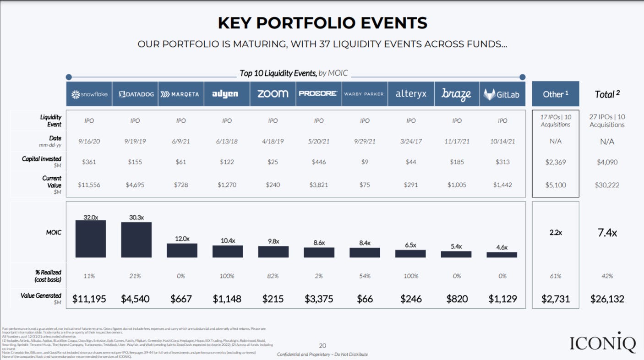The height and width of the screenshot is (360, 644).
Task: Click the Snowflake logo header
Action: [89, 94]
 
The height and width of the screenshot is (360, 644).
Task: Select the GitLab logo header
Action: [502, 94]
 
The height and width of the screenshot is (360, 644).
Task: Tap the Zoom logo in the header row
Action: [273, 94]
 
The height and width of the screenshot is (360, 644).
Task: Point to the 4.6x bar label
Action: [502, 247]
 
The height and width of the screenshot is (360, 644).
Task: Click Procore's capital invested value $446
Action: [318, 162]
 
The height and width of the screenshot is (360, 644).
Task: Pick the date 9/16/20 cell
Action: [89, 142]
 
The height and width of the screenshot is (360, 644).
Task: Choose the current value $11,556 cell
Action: [89, 185]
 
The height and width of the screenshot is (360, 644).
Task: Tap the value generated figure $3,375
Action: [319, 299]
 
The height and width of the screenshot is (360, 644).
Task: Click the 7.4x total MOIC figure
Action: [607, 233]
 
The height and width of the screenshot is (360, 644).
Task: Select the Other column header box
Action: [555, 94]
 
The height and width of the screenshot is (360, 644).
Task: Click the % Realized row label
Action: [48, 276]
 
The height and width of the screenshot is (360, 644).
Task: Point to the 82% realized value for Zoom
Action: [273, 276]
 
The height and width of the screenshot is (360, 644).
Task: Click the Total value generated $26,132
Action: [607, 299]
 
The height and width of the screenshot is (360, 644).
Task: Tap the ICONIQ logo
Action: [603, 343]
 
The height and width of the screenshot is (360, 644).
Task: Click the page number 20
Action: [322, 346]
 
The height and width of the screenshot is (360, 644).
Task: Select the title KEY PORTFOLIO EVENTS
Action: [322, 22]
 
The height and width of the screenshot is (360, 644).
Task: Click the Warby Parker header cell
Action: [365, 94]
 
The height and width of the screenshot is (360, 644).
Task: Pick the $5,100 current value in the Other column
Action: [555, 185]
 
